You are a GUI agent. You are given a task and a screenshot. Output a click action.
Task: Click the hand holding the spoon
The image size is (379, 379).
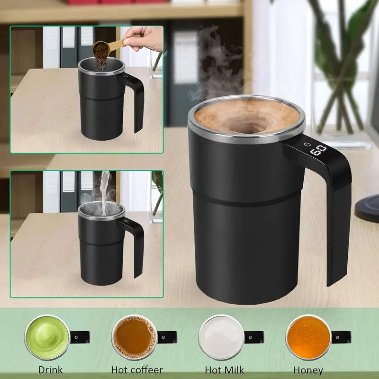[x=145, y=37]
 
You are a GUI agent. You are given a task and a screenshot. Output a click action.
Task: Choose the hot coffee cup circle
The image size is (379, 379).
[x=135, y=337]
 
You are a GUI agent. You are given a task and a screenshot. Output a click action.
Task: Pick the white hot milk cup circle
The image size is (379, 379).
[x=221, y=337]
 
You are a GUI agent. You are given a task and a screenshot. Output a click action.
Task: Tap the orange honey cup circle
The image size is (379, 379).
[x=308, y=337]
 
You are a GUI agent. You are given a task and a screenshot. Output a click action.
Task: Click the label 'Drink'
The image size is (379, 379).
[x=50, y=370]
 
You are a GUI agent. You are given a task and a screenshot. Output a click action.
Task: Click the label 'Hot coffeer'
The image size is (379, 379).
[x=137, y=370]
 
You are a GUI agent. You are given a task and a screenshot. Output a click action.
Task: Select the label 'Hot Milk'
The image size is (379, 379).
[x=225, y=370]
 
